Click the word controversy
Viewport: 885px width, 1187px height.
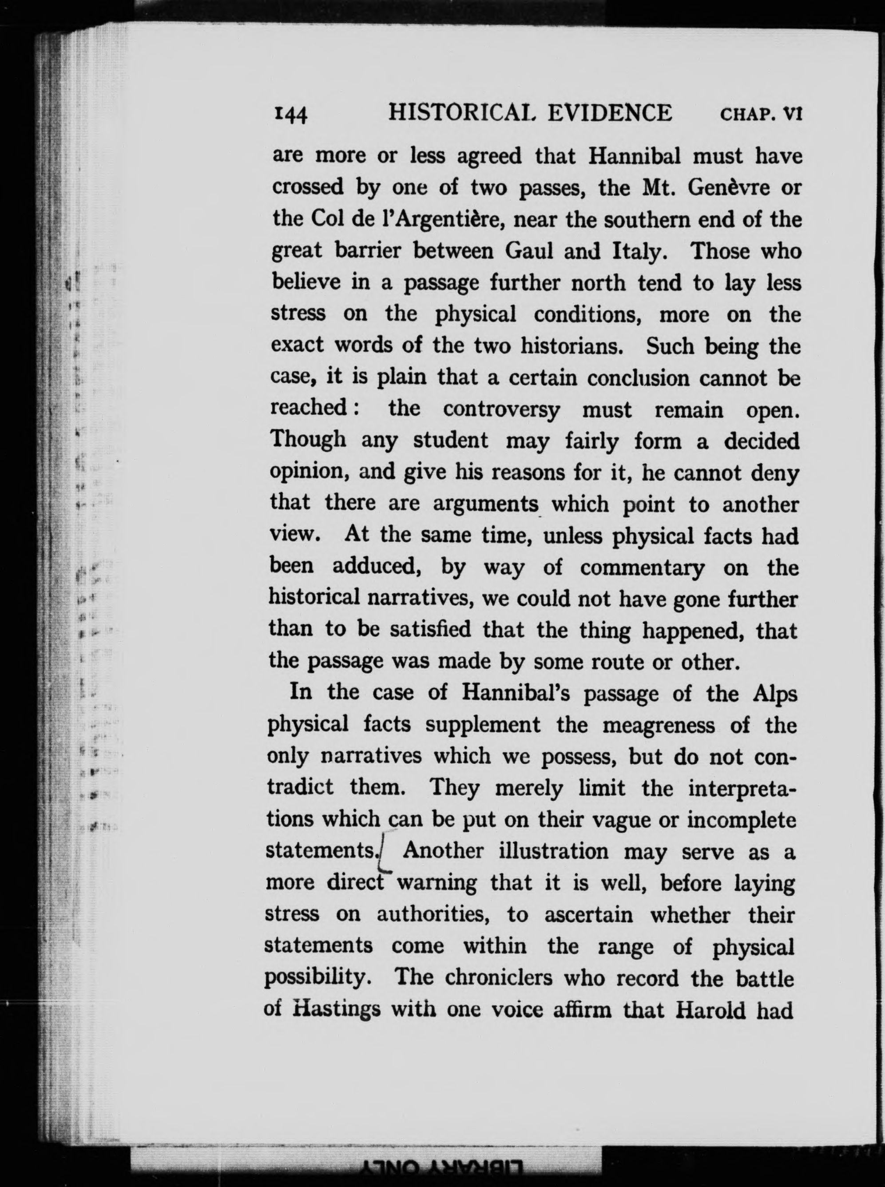501,410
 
